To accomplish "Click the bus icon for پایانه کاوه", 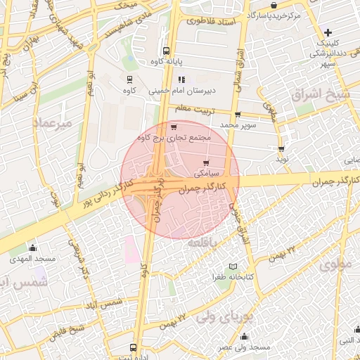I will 166,51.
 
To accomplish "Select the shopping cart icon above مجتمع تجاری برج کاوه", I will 174,127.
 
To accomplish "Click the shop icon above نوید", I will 282,149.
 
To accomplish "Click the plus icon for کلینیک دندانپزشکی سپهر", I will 328,32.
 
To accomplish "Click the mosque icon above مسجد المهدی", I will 32,247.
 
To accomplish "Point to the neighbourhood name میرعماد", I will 52,122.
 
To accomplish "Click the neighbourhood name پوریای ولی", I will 223,317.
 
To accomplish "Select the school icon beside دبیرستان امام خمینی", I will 181,79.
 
